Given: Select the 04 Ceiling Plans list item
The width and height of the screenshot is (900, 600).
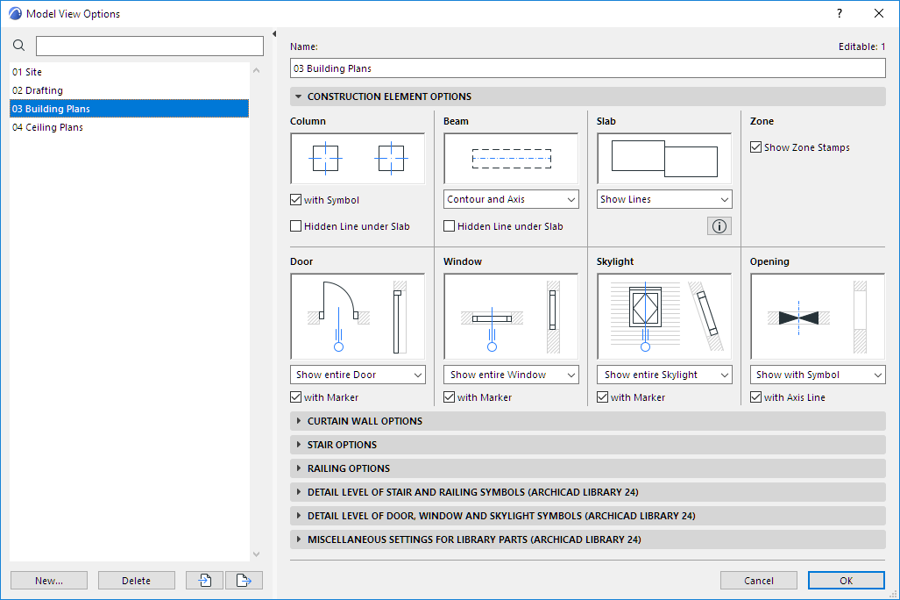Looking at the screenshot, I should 47,127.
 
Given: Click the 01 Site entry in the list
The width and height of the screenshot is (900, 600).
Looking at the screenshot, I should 27,72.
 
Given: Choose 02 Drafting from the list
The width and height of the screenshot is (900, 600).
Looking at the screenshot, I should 38,90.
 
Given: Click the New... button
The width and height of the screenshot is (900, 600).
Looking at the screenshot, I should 49,580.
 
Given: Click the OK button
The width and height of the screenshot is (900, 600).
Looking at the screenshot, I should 846,580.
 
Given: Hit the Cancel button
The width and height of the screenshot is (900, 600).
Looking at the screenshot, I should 758,580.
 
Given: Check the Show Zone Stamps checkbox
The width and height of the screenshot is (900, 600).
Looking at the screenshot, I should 756,147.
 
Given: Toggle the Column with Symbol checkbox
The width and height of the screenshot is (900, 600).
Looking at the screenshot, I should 296,200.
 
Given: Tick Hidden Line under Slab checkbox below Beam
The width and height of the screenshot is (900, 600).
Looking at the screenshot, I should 450,226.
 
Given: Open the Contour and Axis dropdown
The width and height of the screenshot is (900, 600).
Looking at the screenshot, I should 511,199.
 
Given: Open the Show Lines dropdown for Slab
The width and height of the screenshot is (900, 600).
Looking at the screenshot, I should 664,199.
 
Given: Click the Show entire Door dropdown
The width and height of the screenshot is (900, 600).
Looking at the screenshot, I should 358,375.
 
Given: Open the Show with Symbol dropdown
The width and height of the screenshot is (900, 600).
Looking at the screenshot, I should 818,375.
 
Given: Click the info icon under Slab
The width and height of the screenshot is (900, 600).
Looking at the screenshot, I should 719,226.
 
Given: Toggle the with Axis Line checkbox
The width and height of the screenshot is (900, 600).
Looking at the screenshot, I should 756,397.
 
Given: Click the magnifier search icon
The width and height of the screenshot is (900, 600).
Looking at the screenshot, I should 19,46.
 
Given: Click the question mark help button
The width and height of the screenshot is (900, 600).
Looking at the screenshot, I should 840,13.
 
